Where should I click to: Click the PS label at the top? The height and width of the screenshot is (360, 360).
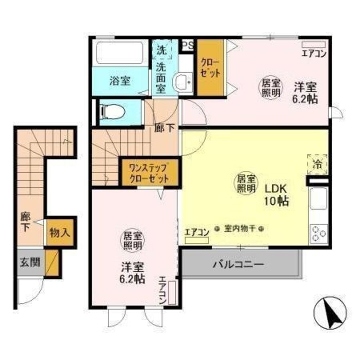(187, 45)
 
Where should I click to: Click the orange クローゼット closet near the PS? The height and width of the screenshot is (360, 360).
(211, 68)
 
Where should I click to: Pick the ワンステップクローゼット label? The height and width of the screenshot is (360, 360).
(149, 172)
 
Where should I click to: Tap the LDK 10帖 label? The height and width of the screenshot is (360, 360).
(276, 195)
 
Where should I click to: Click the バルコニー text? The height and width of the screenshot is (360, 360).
(238, 265)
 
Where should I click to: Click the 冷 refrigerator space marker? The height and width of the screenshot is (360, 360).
(318, 164)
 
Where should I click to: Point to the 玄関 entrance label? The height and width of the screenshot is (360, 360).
(30, 262)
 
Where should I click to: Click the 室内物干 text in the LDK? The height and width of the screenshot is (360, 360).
(239, 228)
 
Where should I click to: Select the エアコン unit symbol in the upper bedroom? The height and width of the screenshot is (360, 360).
(313, 44)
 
